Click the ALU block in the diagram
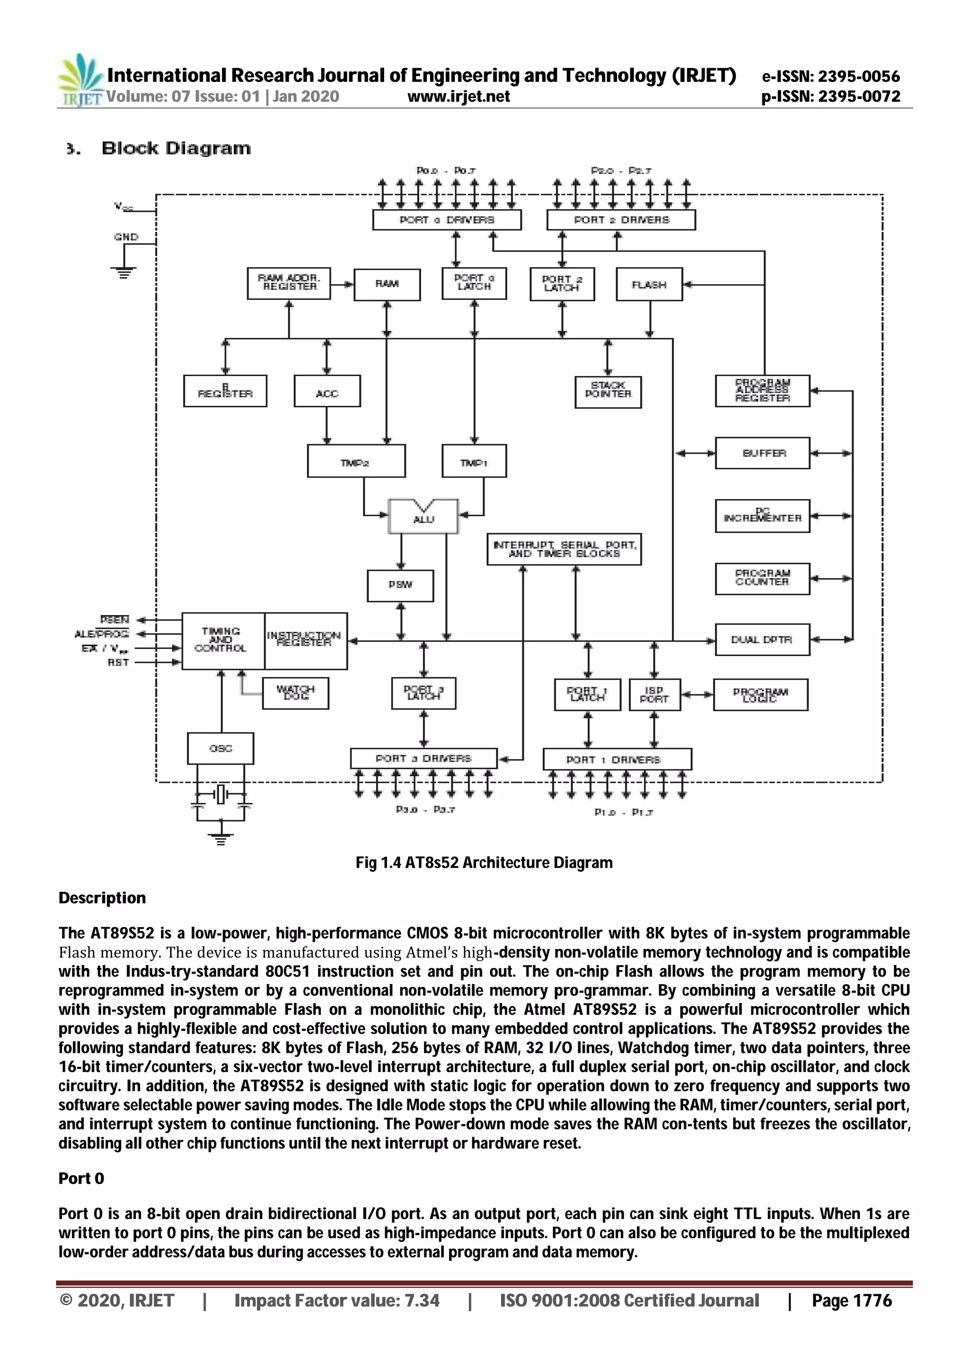(x=423, y=516)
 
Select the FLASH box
(x=649, y=285)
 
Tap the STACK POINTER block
(x=608, y=391)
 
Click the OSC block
(x=220, y=748)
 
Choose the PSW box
(x=400, y=585)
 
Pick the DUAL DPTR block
(x=762, y=640)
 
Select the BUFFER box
(x=762, y=453)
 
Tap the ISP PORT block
(x=654, y=694)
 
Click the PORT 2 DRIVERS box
(x=621, y=220)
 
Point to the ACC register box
(x=327, y=391)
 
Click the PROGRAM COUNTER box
(x=762, y=578)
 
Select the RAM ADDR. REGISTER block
(x=289, y=283)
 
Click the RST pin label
(x=118, y=662)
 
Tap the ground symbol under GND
(x=123, y=272)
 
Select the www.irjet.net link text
(x=458, y=97)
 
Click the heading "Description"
(x=102, y=898)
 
